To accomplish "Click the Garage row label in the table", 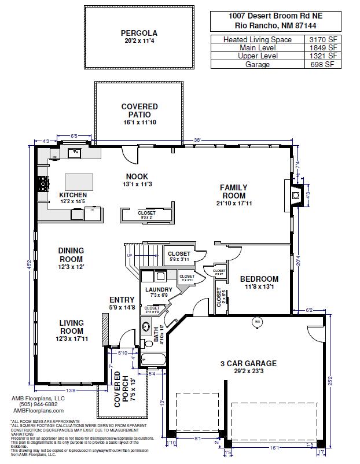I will click(258, 65).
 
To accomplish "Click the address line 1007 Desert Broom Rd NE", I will click(275, 16).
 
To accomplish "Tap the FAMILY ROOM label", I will click(233, 192).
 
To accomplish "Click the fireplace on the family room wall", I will click(295, 196).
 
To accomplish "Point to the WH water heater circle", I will click(258, 321).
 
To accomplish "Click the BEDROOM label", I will click(259, 279).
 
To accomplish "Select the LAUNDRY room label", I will click(159, 289).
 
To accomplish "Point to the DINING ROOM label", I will click(71, 255).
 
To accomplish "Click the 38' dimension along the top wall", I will click(197, 140).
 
